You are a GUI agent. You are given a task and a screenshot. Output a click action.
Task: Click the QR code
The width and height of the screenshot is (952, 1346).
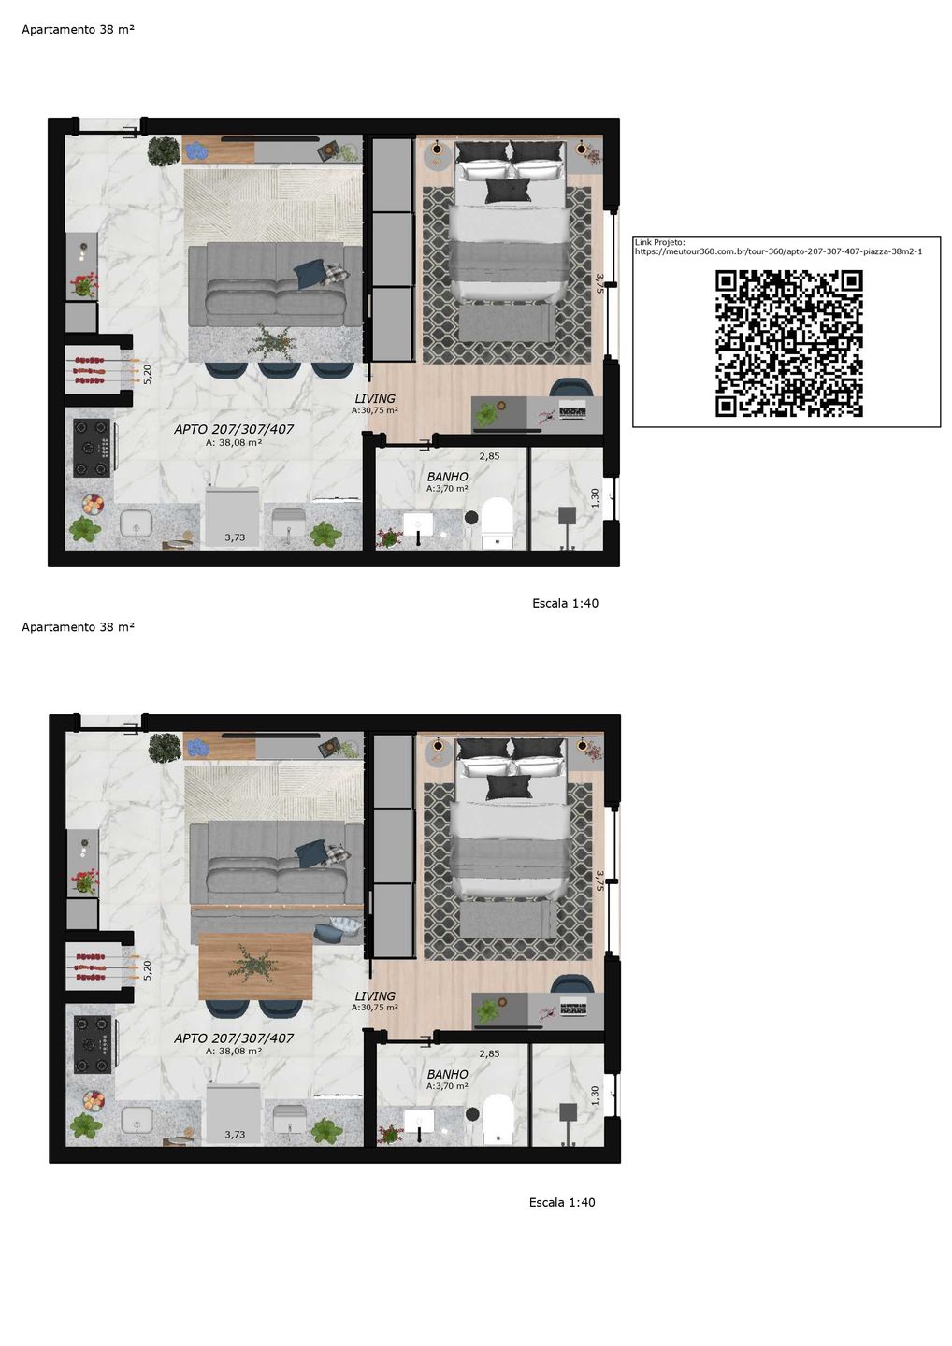tap(788, 344)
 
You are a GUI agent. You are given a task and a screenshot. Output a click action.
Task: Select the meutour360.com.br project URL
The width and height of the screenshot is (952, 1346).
tap(778, 251)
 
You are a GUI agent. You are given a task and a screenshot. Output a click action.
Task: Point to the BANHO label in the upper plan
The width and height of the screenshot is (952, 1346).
tap(447, 477)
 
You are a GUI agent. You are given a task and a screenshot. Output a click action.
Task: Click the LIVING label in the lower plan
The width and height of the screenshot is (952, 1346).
tap(375, 996)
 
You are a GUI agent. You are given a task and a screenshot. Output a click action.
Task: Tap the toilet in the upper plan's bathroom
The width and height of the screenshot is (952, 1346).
tap(497, 523)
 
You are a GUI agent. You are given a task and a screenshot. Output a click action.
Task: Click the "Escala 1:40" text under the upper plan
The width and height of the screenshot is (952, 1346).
tap(565, 603)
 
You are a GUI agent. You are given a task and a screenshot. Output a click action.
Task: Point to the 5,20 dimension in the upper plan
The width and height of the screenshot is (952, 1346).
tap(148, 374)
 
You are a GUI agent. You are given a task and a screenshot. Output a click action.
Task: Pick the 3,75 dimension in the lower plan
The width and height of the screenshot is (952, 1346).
tap(599, 881)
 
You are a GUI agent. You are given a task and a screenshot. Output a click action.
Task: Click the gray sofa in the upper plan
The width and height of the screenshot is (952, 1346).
tap(276, 283)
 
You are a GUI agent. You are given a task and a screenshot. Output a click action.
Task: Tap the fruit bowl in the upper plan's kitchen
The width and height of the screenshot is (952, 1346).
tap(94, 504)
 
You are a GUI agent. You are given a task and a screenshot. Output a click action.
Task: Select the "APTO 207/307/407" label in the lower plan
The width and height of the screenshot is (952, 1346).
tap(234, 1038)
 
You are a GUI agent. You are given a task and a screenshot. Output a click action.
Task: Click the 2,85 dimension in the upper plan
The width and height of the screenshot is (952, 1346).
tap(489, 456)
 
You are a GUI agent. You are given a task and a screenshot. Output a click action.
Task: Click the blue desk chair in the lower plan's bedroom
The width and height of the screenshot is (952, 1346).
tap(572, 983)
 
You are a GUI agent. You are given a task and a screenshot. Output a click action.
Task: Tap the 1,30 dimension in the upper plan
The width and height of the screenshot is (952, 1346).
tap(595, 497)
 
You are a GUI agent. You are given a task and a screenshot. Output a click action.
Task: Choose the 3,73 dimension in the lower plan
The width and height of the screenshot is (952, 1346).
tap(235, 1135)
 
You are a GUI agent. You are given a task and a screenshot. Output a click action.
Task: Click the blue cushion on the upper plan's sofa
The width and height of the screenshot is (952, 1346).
tap(310, 274)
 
